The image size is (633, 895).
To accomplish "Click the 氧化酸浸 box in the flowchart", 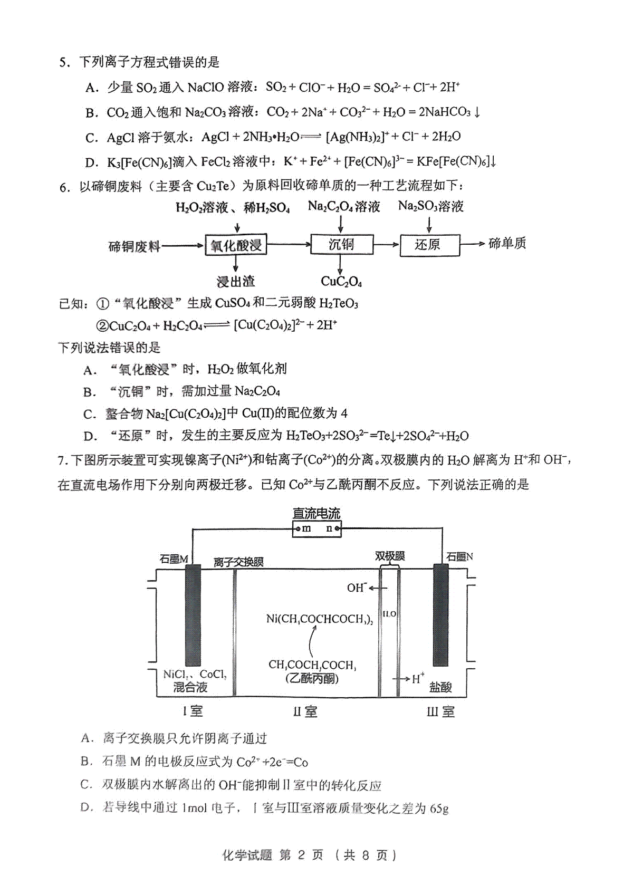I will (x=236, y=245).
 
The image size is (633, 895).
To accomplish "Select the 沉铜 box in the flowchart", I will (x=341, y=245).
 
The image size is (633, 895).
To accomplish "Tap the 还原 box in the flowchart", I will (x=429, y=245).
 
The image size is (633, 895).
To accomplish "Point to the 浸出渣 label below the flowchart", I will (x=236, y=282).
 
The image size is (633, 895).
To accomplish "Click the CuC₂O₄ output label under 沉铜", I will (x=341, y=282).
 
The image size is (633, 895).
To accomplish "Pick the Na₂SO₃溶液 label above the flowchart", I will (x=430, y=206).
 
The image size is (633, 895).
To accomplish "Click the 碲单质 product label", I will (x=507, y=243).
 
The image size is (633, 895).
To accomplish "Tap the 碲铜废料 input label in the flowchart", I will (x=134, y=246).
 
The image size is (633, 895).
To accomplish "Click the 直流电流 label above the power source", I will (x=316, y=513).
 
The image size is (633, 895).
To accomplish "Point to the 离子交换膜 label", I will (x=238, y=562).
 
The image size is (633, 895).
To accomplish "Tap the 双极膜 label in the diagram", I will (x=390, y=556).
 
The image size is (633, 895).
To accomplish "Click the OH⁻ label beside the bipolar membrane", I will (x=357, y=588).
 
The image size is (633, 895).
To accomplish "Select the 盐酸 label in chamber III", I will (x=440, y=687).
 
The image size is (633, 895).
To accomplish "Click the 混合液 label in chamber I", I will (x=190, y=687).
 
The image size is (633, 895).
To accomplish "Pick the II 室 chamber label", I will (x=305, y=712).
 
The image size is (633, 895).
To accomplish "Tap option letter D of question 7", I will (x=87, y=808).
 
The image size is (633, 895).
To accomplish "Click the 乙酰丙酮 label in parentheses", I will (x=312, y=678).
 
